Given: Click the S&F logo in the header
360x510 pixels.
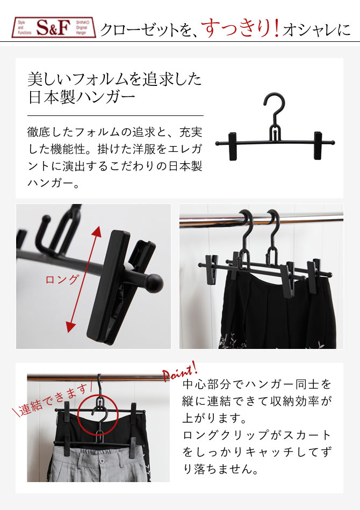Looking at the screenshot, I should pyautogui.click(x=54, y=27).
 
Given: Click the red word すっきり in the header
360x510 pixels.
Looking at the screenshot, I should pyautogui.click(x=236, y=27).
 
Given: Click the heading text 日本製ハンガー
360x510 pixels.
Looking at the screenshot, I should pyautogui.click(x=81, y=99).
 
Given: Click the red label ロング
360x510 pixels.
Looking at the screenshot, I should pyautogui.click(x=62, y=280).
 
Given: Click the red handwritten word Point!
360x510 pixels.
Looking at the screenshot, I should pyautogui.click(x=179, y=371).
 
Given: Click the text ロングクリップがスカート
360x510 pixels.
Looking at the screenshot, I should pyautogui.click(x=257, y=434).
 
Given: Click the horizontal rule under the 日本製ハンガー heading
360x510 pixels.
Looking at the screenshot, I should pyautogui.click(x=115, y=115).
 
